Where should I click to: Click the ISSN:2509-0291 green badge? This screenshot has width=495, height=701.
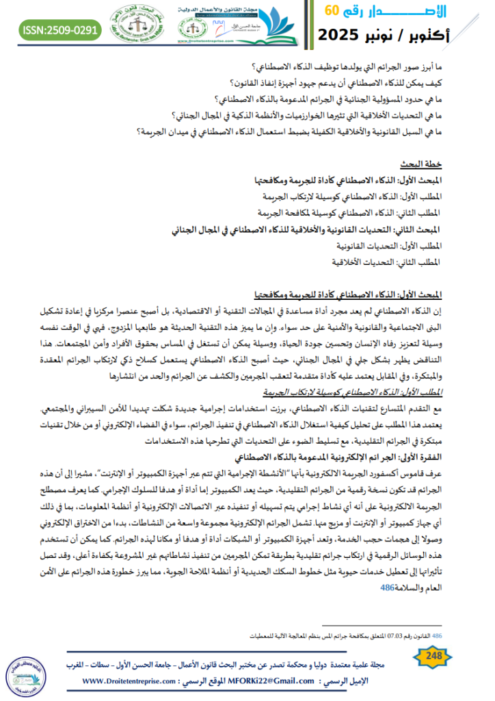60,29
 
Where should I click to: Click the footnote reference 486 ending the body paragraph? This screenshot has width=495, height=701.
387,587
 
